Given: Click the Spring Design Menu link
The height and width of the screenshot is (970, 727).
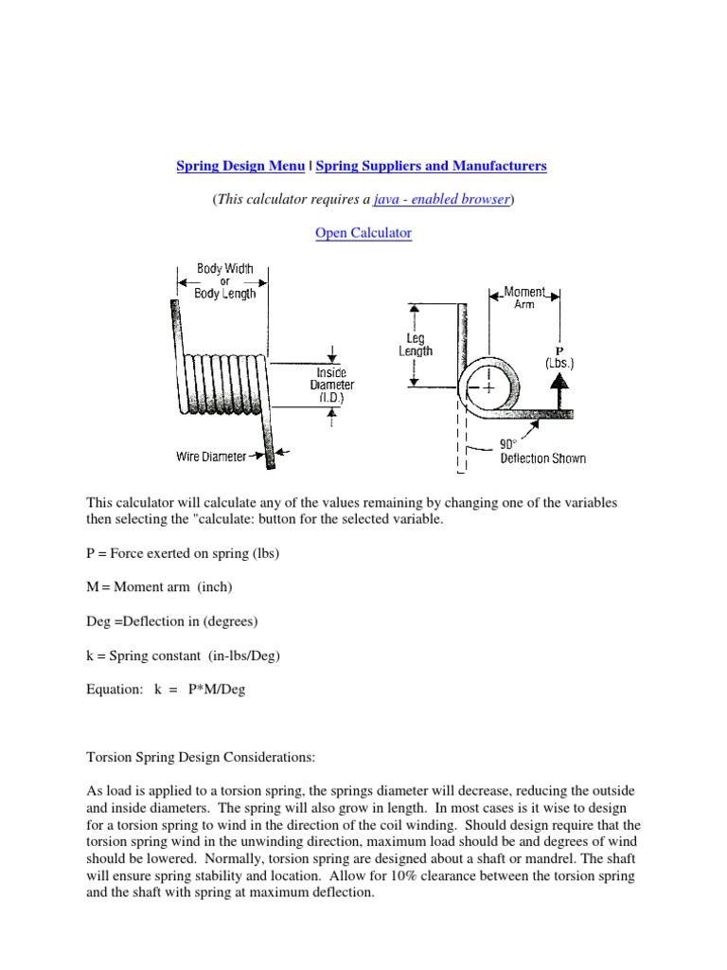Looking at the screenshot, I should pos(240,166).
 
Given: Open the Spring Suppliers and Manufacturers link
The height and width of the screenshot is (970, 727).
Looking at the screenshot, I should pos(431,166).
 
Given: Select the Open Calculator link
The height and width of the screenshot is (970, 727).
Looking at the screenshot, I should pos(363,233).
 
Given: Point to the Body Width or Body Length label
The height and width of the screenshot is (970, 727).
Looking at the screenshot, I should pos(224,281).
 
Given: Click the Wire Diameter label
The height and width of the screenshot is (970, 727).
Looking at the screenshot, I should pos(211,457).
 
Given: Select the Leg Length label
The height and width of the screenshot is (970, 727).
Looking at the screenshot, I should pos(415,343).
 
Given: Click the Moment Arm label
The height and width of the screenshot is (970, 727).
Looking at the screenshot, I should pos(524,297).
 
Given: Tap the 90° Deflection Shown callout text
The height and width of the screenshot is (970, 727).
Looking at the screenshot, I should pos(542,451).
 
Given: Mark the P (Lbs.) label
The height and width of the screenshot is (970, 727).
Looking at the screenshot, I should pos(559,356).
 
